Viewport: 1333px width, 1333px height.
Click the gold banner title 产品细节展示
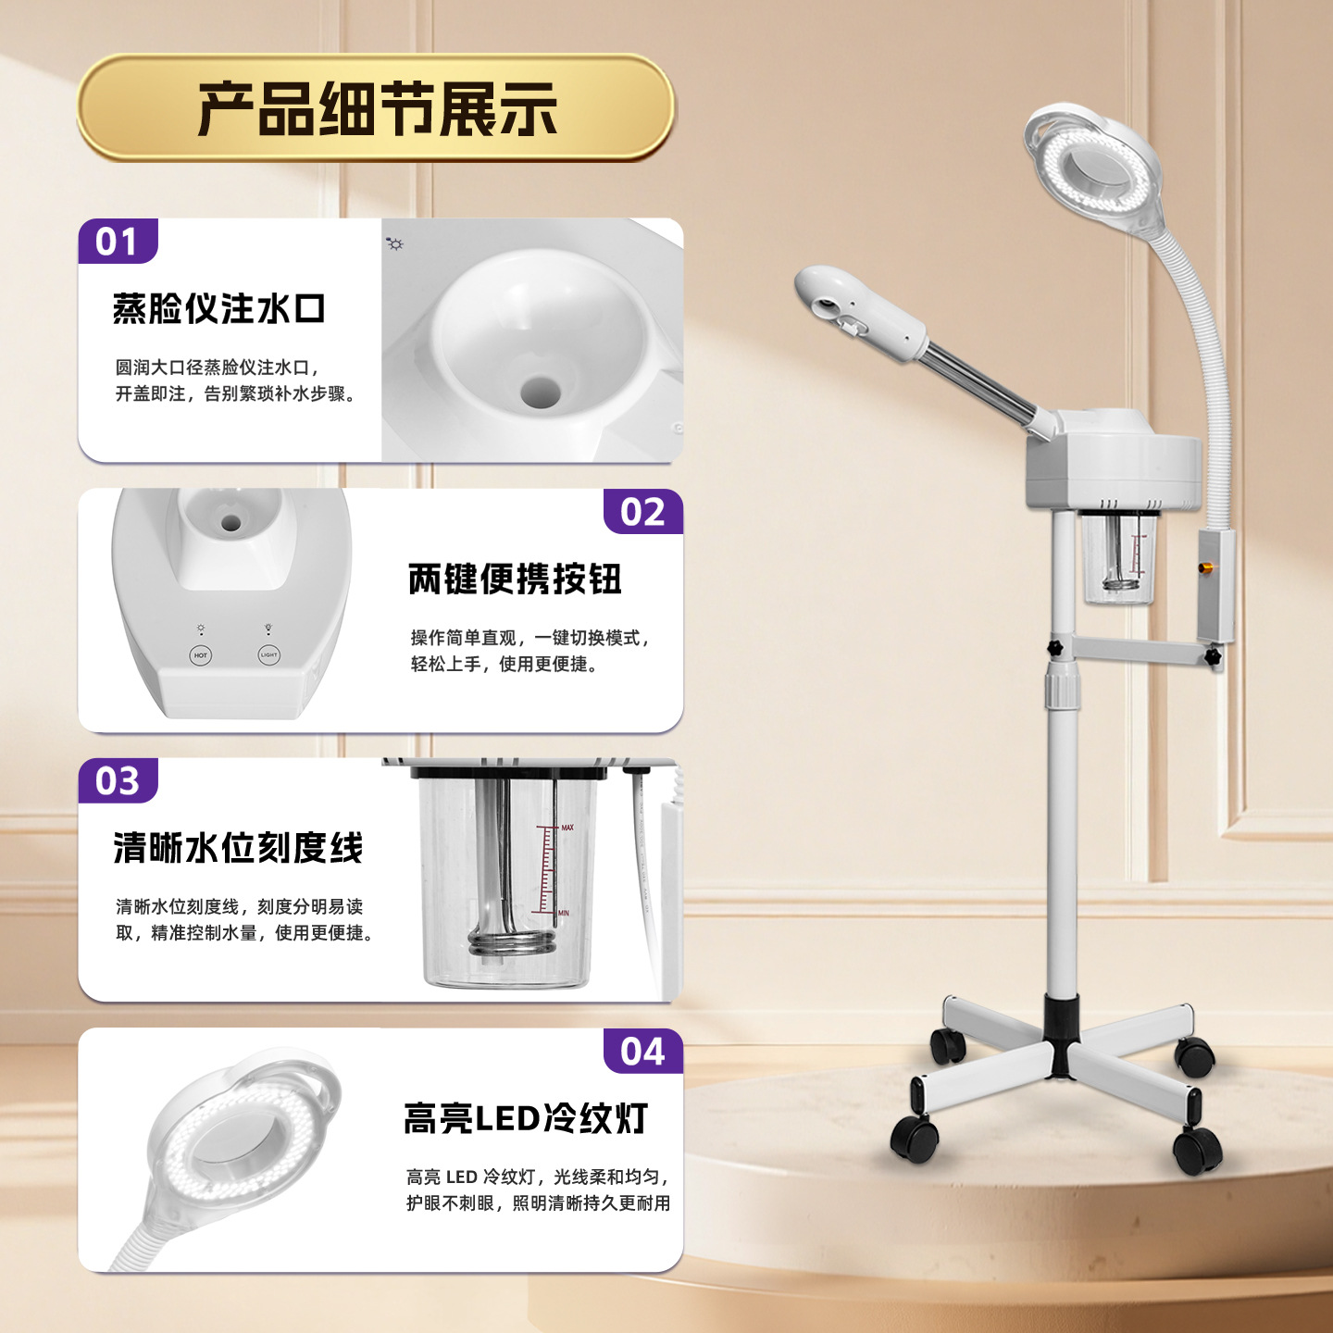pyautogui.click(x=377, y=108)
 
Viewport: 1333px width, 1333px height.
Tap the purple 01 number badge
pyautogui.click(x=118, y=241)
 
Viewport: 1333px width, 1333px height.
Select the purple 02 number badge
pyautogui.click(x=642, y=511)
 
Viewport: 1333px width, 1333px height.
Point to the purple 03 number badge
pyautogui.click(x=118, y=780)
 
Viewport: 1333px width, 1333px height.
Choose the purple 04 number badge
pyautogui.click(x=642, y=1051)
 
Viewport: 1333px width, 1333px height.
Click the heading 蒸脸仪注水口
pyautogui.click(x=218, y=308)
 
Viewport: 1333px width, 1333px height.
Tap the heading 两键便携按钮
pyautogui.click(x=515, y=579)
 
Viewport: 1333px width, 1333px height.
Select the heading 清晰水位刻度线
pyautogui.click(x=238, y=847)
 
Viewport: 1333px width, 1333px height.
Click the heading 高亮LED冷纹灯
pyautogui.click(x=526, y=1118)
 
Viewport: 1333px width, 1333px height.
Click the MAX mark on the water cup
pyautogui.click(x=567, y=828)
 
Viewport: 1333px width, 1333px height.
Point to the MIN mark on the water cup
pyautogui.click(x=564, y=913)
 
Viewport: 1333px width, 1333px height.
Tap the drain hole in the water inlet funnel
pyautogui.click(x=541, y=392)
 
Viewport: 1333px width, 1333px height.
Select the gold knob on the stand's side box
pyautogui.click(x=1205, y=568)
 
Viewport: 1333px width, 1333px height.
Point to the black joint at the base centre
pyautogui.click(x=1061, y=1037)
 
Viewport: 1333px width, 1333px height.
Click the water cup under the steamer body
pyautogui.click(x=1118, y=557)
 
